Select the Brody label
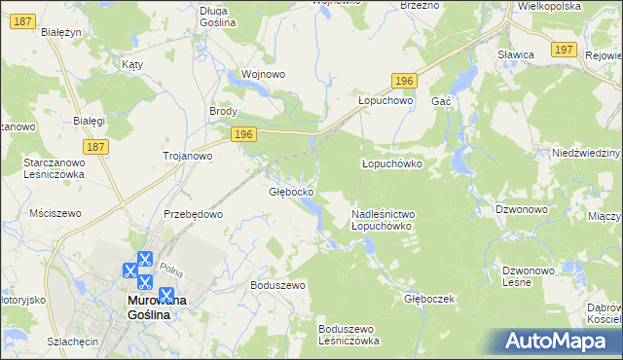[224, 111]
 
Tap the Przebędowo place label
[194, 214]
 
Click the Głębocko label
[290, 192]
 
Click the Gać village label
[441, 101]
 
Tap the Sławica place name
[516, 55]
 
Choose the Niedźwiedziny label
[586, 154]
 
